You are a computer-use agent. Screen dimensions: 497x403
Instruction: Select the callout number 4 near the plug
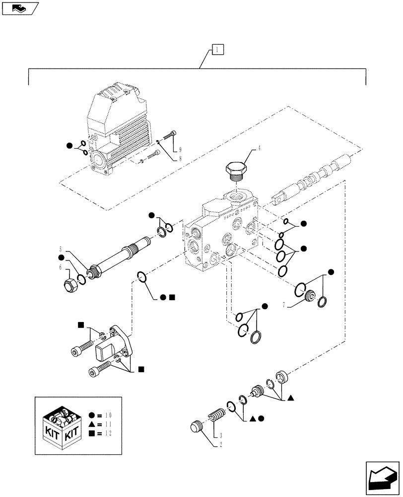pyautogui.click(x=259, y=148)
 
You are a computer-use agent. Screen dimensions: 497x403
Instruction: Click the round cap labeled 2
pyautogui.click(x=198, y=427)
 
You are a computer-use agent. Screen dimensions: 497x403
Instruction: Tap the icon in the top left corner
pyautogui.click(x=19, y=8)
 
